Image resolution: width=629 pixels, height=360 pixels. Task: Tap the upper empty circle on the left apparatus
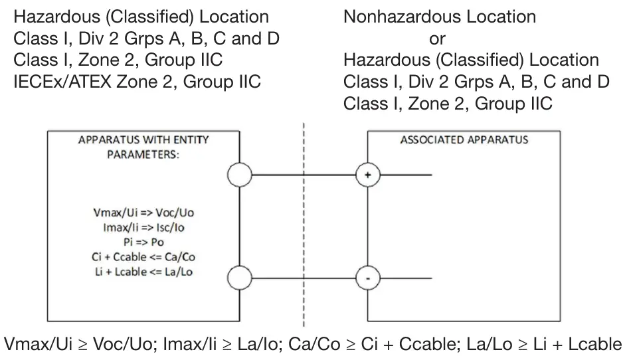(x=239, y=175)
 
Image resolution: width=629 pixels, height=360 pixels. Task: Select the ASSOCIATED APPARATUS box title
(x=464, y=140)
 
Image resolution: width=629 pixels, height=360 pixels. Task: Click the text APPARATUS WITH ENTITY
(x=143, y=140)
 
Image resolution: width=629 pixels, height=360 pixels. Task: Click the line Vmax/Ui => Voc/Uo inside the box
(x=143, y=216)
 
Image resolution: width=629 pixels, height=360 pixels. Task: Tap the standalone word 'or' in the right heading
(x=437, y=39)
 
